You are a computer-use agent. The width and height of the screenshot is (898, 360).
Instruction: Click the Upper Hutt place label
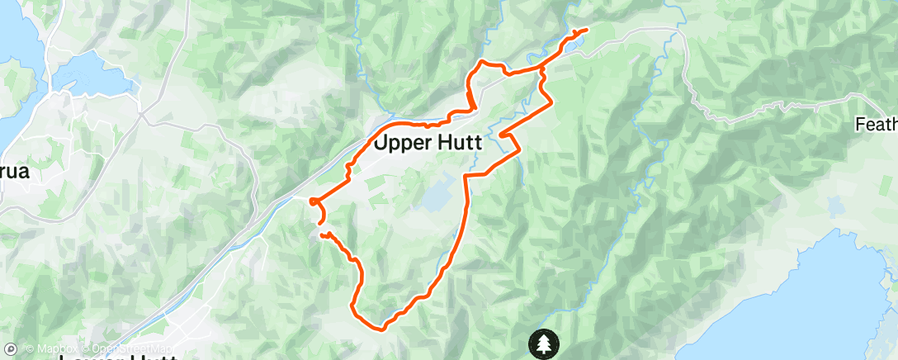coord(428,142)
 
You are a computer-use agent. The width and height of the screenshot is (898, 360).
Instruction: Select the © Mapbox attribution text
coord(53,349)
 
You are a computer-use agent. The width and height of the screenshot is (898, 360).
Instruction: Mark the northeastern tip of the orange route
coord(585,30)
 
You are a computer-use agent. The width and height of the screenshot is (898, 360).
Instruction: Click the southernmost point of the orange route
coord(382,328)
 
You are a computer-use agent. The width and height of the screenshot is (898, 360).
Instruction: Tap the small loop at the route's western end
coord(314,201)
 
